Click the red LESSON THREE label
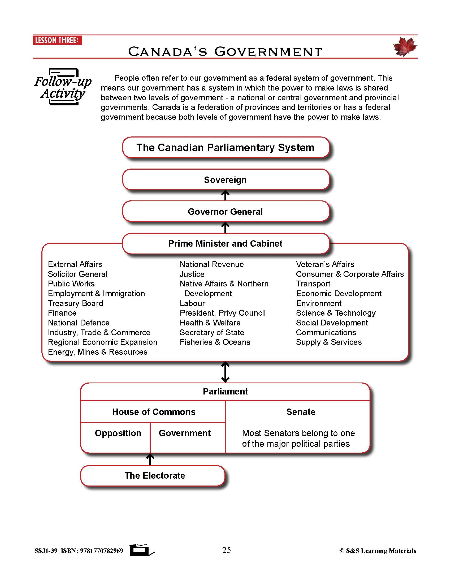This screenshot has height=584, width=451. tap(57, 40)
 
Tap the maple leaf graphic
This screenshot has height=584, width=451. tap(405, 47)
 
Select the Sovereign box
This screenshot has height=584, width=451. tap(225, 180)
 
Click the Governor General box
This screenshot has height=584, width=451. tap(225, 212)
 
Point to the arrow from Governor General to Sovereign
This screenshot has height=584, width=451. tap(225, 195)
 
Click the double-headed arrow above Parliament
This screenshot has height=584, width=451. tap(225, 372)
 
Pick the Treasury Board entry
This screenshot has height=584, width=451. tap(75, 303)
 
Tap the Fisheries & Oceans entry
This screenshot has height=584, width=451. tap(215, 342)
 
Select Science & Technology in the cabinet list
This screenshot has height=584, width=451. tap(336, 313)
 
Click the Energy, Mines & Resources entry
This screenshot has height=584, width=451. tap(98, 352)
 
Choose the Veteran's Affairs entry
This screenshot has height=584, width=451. tap(325, 264)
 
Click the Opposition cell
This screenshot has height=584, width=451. tap(118, 433)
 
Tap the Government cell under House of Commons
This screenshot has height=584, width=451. tap(185, 433)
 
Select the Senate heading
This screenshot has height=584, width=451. tap(301, 412)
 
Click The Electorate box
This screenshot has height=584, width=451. tap(154, 475)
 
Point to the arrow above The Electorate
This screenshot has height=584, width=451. tap(150, 460)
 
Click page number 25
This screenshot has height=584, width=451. tap(226, 550)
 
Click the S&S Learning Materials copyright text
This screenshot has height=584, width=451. tap(378, 551)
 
